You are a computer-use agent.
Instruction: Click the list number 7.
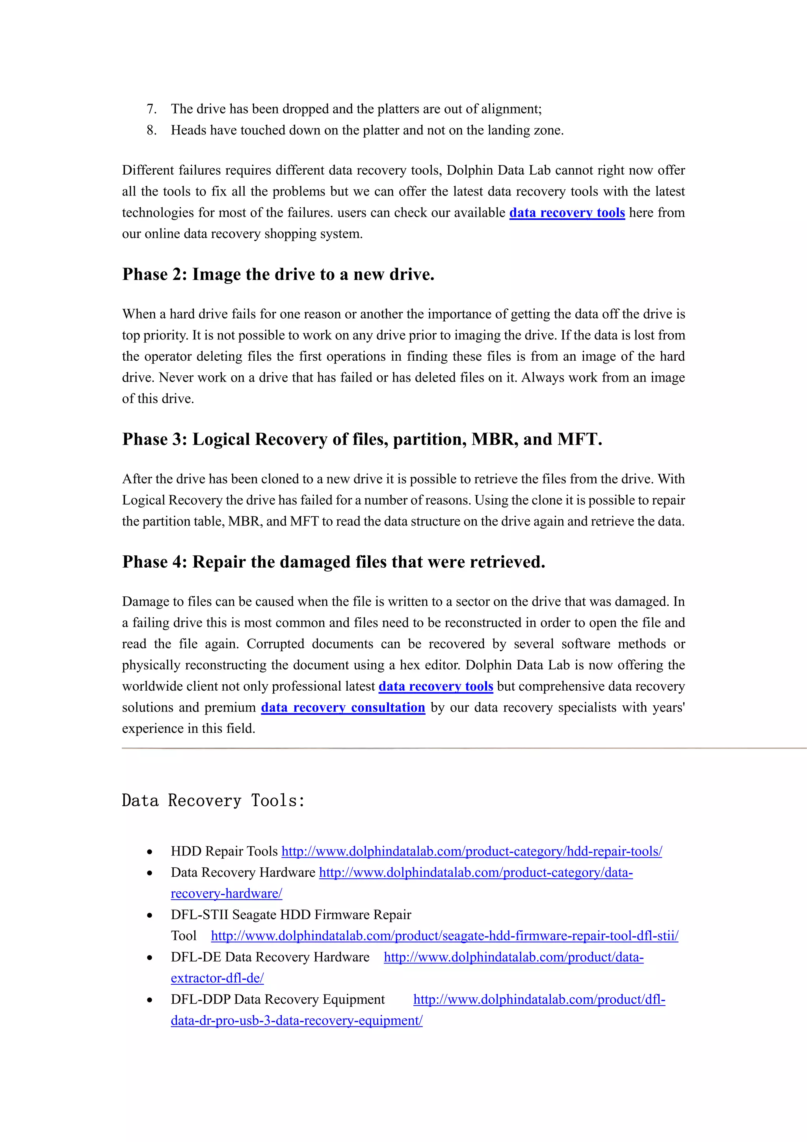coord(151,109)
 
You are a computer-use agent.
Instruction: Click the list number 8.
coord(151,130)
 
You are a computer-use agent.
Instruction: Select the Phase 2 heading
coord(278,274)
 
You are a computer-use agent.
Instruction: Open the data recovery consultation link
coord(343,707)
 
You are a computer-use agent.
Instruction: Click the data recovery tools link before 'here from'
coord(567,213)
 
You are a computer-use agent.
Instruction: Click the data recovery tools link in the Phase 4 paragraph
coord(435,686)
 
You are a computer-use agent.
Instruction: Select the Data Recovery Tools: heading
coord(213,800)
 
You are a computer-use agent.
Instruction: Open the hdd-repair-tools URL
coord(471,851)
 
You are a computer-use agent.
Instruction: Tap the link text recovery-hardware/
coord(226,894)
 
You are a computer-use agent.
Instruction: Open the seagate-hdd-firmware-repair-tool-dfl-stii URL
coord(444,936)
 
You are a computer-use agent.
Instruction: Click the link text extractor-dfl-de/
coord(217,978)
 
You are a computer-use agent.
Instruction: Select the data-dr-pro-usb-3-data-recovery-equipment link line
coord(296,1021)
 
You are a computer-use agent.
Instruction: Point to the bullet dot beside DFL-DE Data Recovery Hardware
coord(150,958)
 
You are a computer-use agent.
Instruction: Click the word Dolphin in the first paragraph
coord(468,171)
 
